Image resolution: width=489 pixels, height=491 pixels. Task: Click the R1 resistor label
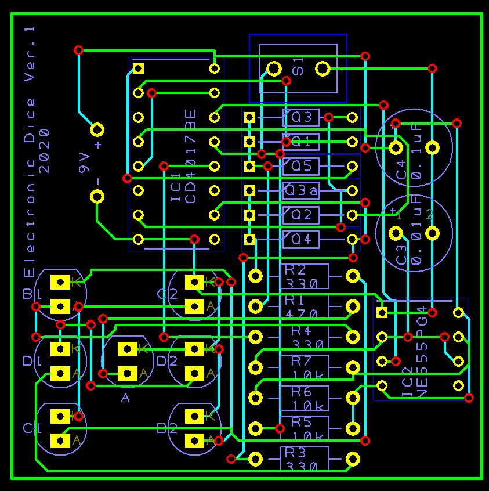pos(294,301)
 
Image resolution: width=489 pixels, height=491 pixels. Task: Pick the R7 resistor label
pos(301,361)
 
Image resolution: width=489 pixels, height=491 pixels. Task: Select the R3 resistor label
pos(295,453)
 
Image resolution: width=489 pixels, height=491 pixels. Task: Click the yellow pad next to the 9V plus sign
pos(97,129)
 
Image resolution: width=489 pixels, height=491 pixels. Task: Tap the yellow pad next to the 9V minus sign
pos(97,196)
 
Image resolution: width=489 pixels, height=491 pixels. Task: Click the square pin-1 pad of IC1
pos(138,68)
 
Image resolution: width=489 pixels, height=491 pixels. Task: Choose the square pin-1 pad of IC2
pos(382,313)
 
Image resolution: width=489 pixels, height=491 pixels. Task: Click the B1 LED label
pos(30,294)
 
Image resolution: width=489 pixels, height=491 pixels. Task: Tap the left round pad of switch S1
pos(273,70)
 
